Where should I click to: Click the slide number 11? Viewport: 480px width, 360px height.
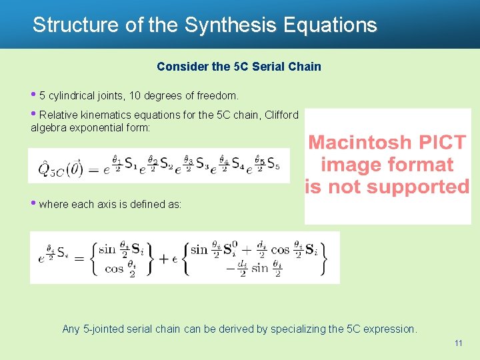click(x=458, y=343)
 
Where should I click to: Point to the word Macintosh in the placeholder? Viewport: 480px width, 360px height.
click(x=359, y=143)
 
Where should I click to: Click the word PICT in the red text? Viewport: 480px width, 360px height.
click(x=443, y=143)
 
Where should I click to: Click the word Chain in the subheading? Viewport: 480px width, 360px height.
click(x=306, y=67)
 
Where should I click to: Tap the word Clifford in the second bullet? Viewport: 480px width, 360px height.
click(x=281, y=115)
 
